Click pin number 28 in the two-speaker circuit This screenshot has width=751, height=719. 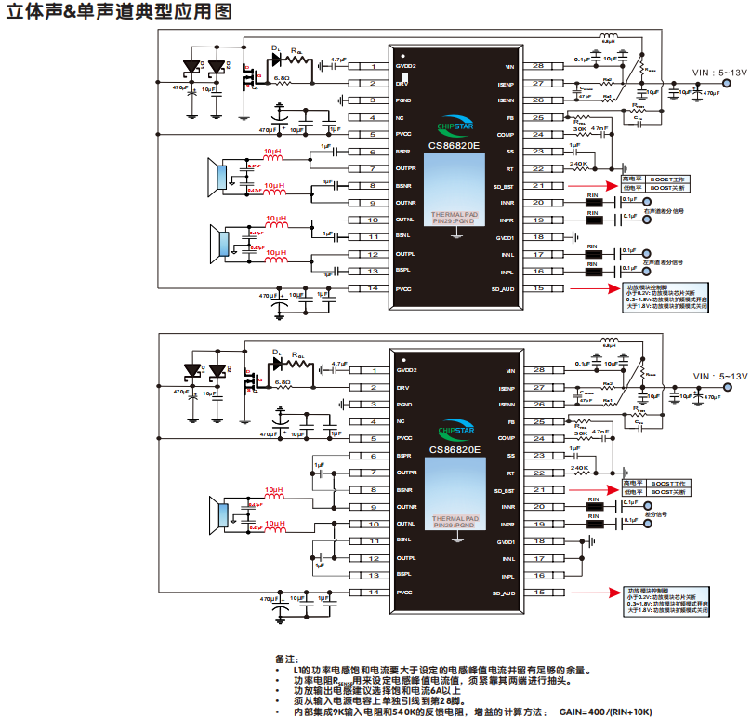click(x=538, y=67)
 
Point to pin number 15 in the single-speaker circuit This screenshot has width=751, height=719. click(x=538, y=592)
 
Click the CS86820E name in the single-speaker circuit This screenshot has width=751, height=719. click(x=455, y=449)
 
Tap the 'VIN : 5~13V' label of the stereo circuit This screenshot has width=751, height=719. click(x=719, y=72)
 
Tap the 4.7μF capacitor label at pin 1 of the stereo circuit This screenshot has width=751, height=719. click(x=338, y=60)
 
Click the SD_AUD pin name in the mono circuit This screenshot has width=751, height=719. click(x=503, y=593)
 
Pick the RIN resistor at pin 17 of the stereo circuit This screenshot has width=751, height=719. click(x=591, y=253)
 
